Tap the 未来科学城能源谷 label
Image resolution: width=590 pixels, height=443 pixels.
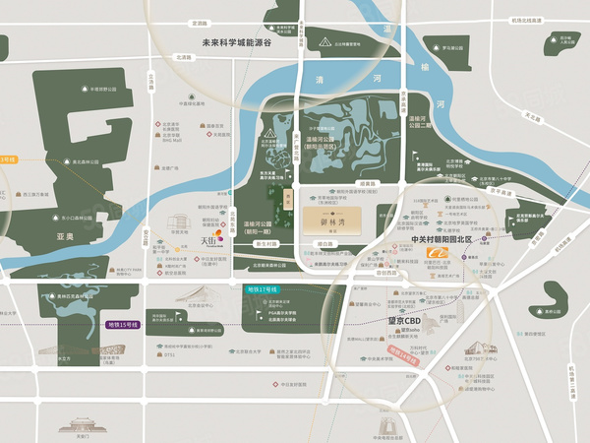(x=236, y=42)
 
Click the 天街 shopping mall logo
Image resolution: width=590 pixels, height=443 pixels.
(x=212, y=239)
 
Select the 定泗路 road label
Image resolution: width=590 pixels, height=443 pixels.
(x=201, y=22)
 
